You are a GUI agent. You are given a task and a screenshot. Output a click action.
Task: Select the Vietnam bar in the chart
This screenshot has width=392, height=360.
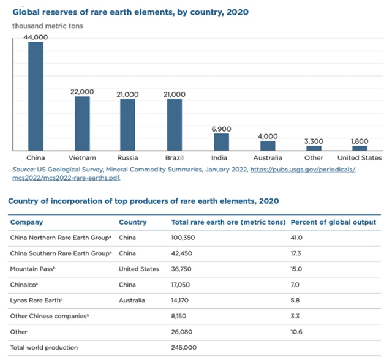(x=83, y=123)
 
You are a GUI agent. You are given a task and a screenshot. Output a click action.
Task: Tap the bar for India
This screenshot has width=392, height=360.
(x=221, y=141)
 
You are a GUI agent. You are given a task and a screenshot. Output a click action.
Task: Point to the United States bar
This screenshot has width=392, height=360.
(x=360, y=148)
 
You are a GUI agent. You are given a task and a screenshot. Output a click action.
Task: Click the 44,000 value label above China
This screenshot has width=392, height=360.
(x=36, y=37)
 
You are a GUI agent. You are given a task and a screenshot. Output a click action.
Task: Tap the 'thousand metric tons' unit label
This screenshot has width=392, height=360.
(x=48, y=26)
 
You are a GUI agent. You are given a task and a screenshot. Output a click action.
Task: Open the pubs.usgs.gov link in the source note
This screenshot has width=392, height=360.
(x=303, y=168)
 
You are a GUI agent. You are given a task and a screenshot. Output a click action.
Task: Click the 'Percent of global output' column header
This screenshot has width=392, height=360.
(x=332, y=222)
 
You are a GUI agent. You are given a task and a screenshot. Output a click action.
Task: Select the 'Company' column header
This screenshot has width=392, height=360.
(x=27, y=222)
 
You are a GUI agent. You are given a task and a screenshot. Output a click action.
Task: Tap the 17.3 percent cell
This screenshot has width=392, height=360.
(x=296, y=253)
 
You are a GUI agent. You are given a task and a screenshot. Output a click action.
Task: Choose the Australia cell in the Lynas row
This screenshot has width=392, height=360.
(x=132, y=301)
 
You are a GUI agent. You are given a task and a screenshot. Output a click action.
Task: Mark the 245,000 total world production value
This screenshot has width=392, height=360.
(x=186, y=348)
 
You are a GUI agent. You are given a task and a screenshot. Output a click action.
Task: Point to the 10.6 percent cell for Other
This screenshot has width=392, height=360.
(x=296, y=332)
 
